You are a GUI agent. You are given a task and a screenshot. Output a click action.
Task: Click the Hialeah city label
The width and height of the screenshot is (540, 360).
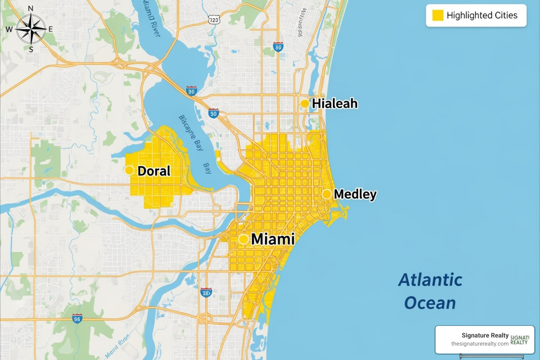tap(335, 104)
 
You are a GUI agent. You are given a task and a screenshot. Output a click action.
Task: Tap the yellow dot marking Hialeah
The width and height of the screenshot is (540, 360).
tap(305, 104)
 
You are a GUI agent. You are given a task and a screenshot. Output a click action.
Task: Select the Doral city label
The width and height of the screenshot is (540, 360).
tap(154, 171)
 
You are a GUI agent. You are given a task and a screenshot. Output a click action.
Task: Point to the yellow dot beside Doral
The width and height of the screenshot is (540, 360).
tap(129, 171)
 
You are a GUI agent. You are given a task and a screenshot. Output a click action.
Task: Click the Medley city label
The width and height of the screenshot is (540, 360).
tap(355, 194)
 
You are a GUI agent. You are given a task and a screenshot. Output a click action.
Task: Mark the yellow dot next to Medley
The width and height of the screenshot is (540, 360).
tap(327, 194)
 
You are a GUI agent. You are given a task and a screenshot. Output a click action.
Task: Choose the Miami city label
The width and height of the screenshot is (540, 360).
tap(273, 239)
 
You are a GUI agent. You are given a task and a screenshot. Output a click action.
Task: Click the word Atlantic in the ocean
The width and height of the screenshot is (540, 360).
tap(430, 280)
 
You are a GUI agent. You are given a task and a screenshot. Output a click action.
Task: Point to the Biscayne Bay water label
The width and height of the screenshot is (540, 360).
tap(191, 133)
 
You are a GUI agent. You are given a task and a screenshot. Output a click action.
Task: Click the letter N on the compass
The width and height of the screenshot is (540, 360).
tap(31, 9)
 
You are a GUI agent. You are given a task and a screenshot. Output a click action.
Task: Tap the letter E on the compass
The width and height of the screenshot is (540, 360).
tap(51, 30)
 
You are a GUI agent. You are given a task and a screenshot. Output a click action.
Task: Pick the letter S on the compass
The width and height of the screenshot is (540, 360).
tap(31, 50)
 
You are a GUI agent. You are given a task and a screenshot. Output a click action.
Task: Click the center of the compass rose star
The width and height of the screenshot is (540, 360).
tap(31, 29)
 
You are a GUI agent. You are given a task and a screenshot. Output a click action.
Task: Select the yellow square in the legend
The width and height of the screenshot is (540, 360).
tap(437, 15)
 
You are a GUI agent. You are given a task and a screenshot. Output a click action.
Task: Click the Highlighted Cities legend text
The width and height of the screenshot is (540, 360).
tap(482, 15)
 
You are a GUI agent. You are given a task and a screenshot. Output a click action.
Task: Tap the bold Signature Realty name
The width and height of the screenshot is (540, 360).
tap(485, 335)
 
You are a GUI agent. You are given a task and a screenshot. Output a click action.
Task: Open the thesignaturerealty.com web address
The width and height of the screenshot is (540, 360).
tap(480, 344)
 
